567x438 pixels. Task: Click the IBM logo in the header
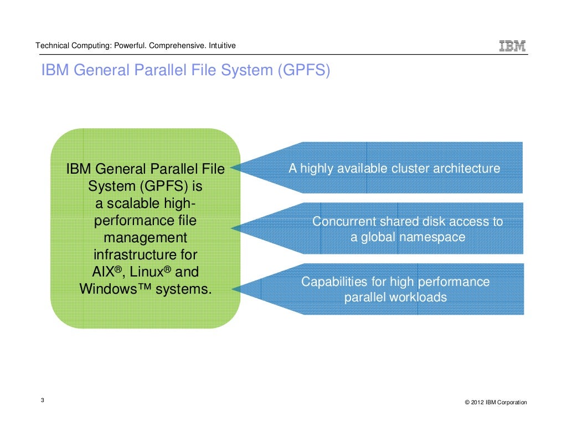point(512,46)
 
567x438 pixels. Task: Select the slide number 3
point(43,401)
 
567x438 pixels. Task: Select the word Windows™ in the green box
point(115,289)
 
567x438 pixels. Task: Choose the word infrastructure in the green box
point(146,255)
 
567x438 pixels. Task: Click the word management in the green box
point(146,238)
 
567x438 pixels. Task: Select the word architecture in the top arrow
point(467,169)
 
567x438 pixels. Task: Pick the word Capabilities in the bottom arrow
point(334,282)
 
